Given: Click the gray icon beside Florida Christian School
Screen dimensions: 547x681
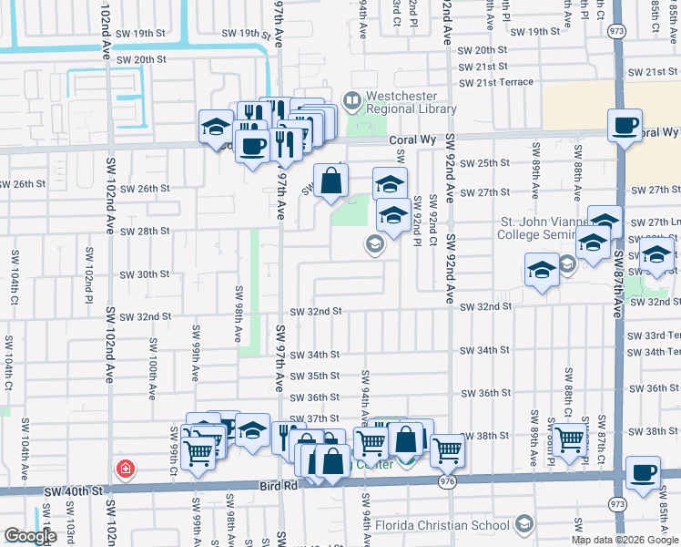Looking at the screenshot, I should pos(523,523).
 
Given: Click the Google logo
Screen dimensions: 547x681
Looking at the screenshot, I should pos(30,536).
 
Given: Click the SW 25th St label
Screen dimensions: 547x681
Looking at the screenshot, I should pos(484,163).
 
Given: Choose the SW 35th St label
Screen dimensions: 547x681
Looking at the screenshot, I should pos(314,376).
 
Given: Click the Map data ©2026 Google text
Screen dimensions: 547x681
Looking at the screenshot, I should pos(625,540).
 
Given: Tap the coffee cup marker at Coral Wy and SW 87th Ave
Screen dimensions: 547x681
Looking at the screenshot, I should pos(625,126).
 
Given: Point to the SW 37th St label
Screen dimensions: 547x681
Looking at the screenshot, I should pos(314,418).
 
